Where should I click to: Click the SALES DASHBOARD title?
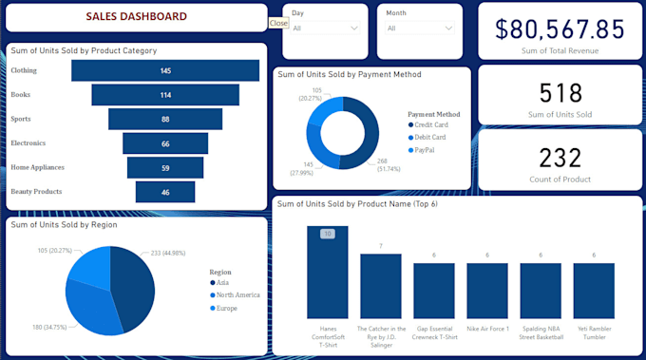[x=136, y=17]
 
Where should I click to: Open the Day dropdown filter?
[x=325, y=28]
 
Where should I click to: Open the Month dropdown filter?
[x=419, y=28]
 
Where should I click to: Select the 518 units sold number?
[x=560, y=92]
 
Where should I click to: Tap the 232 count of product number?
[x=560, y=158]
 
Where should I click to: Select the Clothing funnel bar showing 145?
[x=165, y=71]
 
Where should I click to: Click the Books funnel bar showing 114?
[x=165, y=95]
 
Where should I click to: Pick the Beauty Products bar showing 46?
[x=165, y=192]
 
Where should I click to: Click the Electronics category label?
[x=28, y=143]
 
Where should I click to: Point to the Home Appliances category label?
[x=37, y=167]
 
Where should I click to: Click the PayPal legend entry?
[x=425, y=150]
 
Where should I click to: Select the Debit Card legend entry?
[x=429, y=137]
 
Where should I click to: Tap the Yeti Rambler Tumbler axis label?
[x=595, y=332]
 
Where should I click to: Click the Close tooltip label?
[x=278, y=22]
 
